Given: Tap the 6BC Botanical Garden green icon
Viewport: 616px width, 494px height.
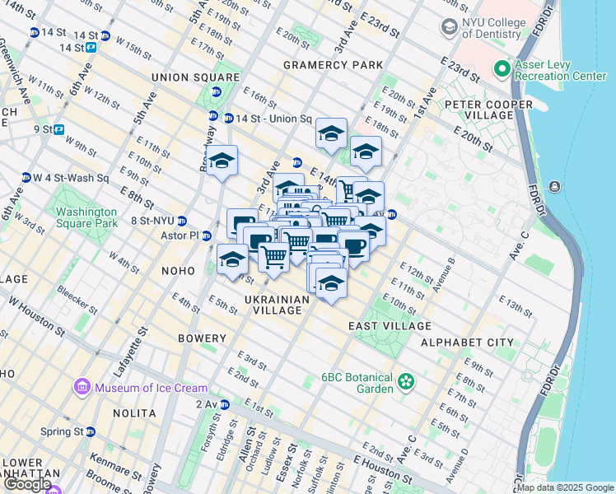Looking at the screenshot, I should (405, 381).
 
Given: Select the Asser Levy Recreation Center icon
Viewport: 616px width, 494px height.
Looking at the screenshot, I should (501, 68).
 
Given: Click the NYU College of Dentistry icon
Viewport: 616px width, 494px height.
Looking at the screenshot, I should (449, 27).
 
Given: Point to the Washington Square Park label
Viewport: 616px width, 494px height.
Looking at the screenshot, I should (98, 216).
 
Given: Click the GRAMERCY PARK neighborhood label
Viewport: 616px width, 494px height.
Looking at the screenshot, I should (333, 64).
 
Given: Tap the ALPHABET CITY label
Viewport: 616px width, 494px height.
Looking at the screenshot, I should (467, 342).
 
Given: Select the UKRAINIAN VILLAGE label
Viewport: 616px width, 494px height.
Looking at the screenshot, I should (278, 305).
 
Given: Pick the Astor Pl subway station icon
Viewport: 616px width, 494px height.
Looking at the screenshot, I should (207, 236).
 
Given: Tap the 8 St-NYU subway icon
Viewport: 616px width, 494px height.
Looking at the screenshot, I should (183, 221).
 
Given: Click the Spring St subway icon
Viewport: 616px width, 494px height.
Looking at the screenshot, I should (91, 431).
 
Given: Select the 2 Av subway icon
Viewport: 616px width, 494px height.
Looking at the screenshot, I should (222, 403).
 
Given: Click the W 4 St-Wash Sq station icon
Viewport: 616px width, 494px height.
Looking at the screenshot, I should (26, 177).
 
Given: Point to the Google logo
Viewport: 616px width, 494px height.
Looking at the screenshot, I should (27, 484).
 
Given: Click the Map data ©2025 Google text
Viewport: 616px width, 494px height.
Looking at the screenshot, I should (563, 487).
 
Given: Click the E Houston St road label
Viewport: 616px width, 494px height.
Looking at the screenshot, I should (383, 470).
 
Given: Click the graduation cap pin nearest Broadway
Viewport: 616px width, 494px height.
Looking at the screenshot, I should (222, 161).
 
